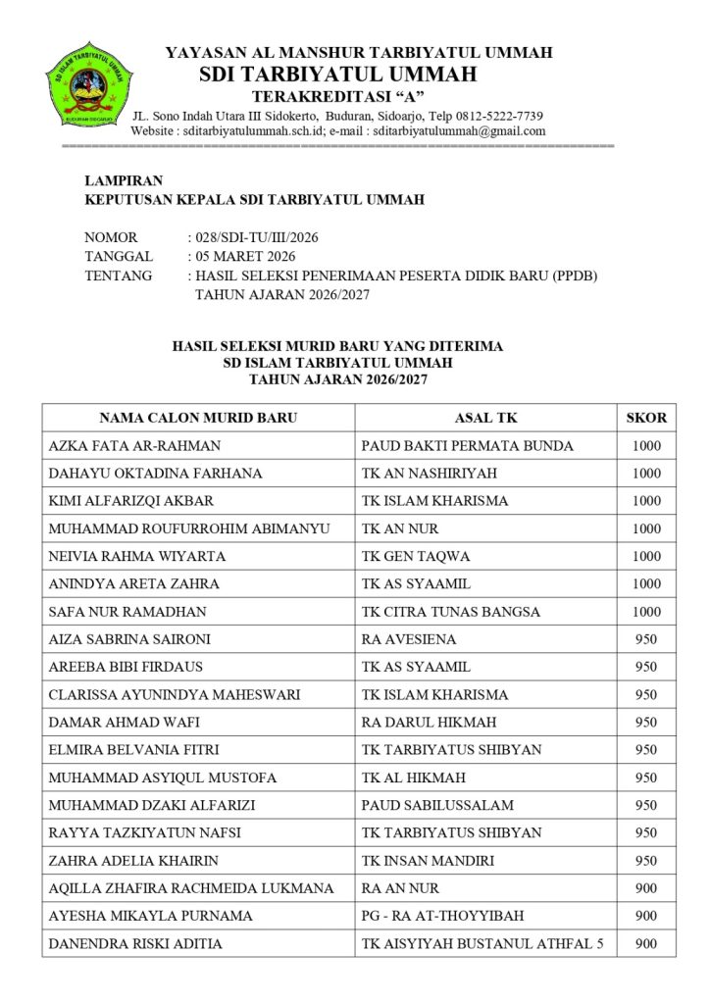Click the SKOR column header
646,417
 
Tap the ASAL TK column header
485,417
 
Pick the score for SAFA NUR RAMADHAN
646,612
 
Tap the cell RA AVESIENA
409,639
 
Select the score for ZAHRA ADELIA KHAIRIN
646,861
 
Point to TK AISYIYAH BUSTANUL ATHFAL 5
483,944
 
